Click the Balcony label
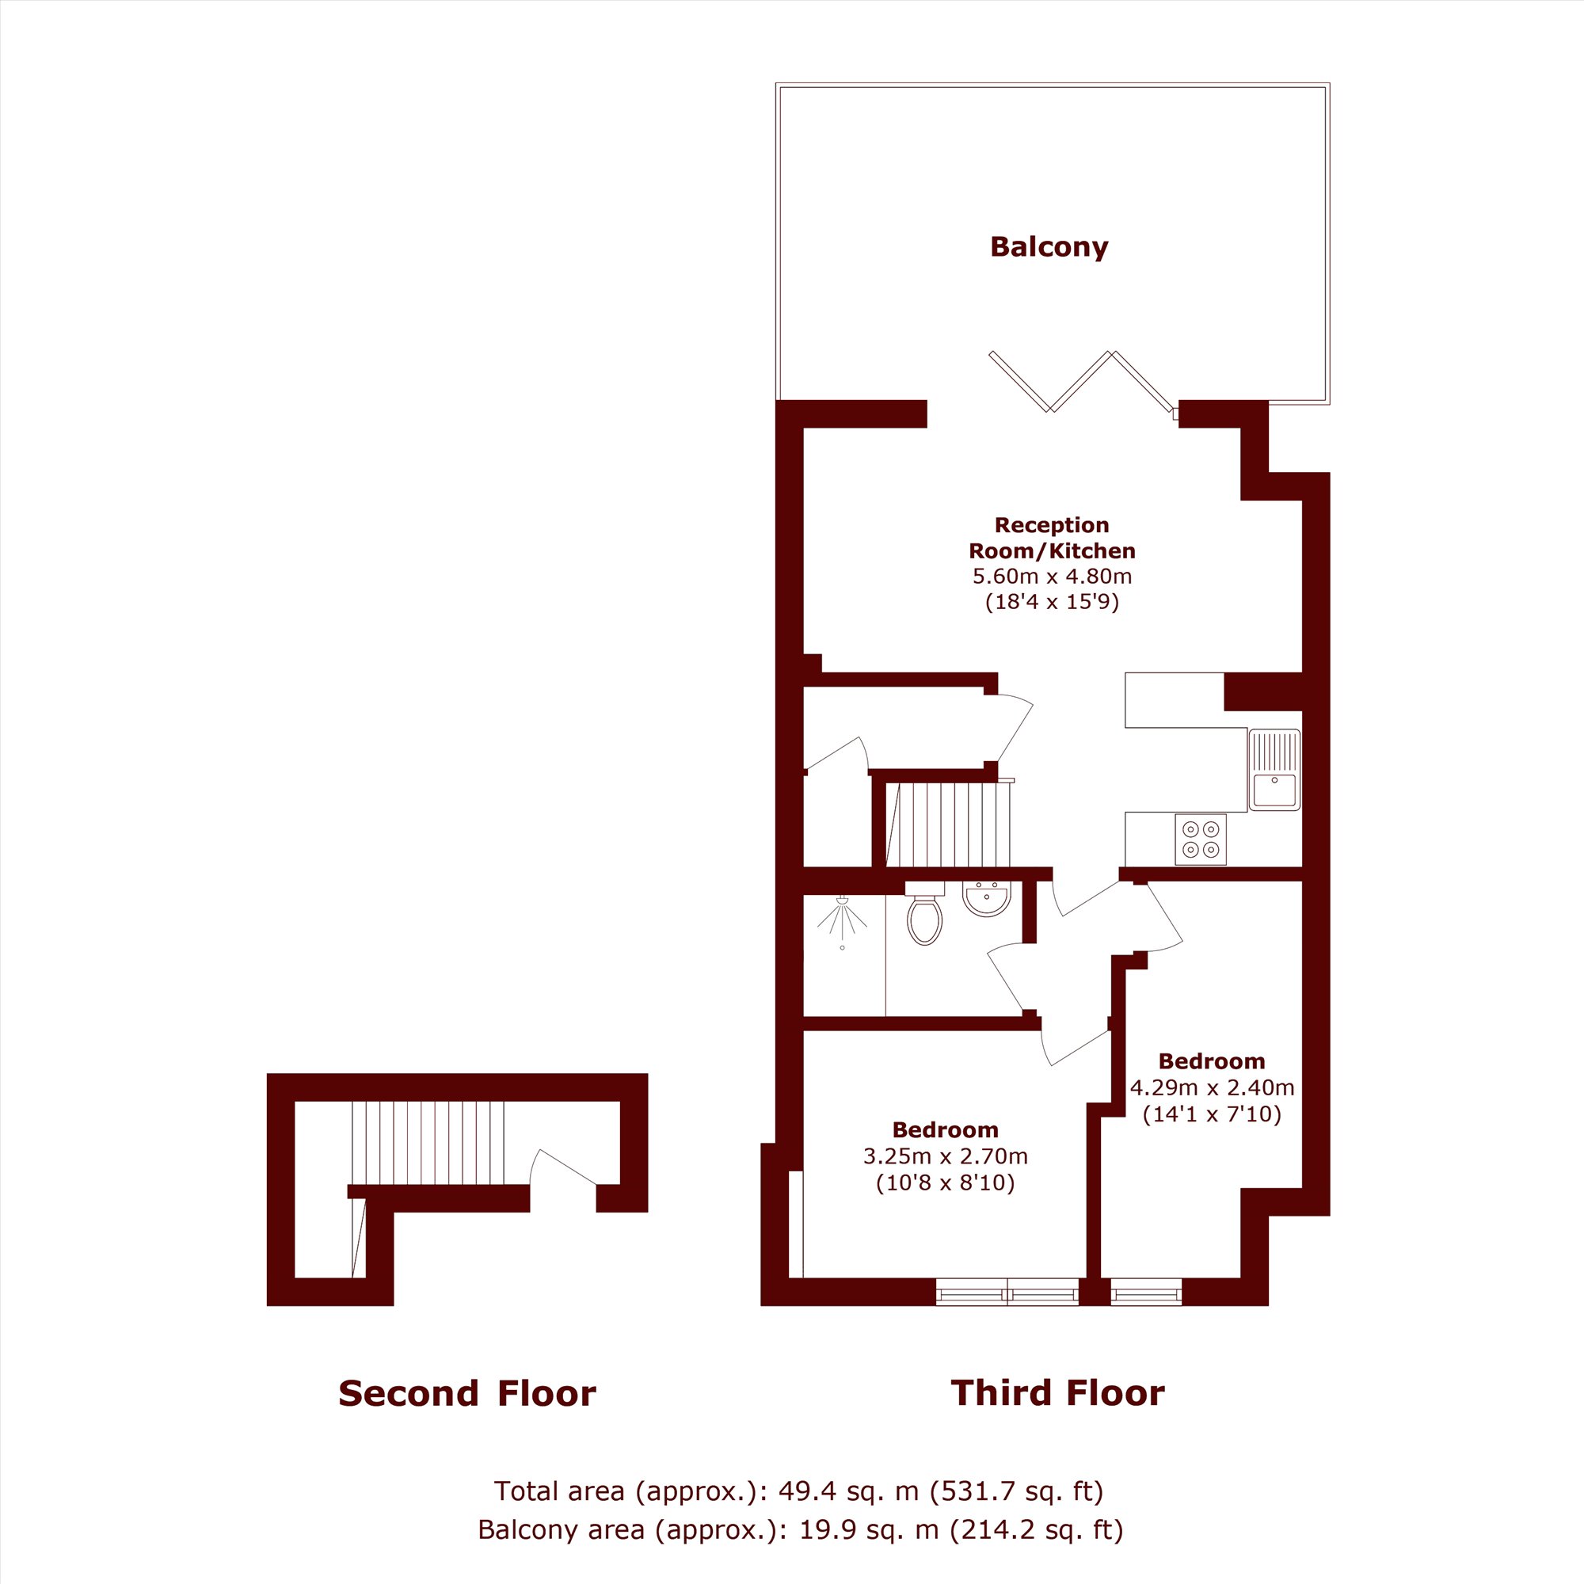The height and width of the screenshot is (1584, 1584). [1049, 247]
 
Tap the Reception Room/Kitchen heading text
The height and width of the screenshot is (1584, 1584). [1052, 538]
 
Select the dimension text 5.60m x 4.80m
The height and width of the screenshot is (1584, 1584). [1052, 576]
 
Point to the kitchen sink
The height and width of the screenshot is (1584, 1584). [1274, 769]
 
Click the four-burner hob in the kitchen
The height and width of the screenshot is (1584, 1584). [1201, 839]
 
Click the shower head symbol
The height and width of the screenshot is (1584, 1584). [842, 923]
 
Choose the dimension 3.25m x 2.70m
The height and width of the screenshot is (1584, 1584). [946, 1156]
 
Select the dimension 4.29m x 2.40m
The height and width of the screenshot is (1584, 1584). [1212, 1087]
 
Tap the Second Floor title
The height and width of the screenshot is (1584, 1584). [467, 1393]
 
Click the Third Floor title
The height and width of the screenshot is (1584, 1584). [1057, 1392]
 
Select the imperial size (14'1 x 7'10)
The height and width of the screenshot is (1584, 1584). [1212, 1114]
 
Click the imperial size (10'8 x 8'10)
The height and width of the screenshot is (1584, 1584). [946, 1183]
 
